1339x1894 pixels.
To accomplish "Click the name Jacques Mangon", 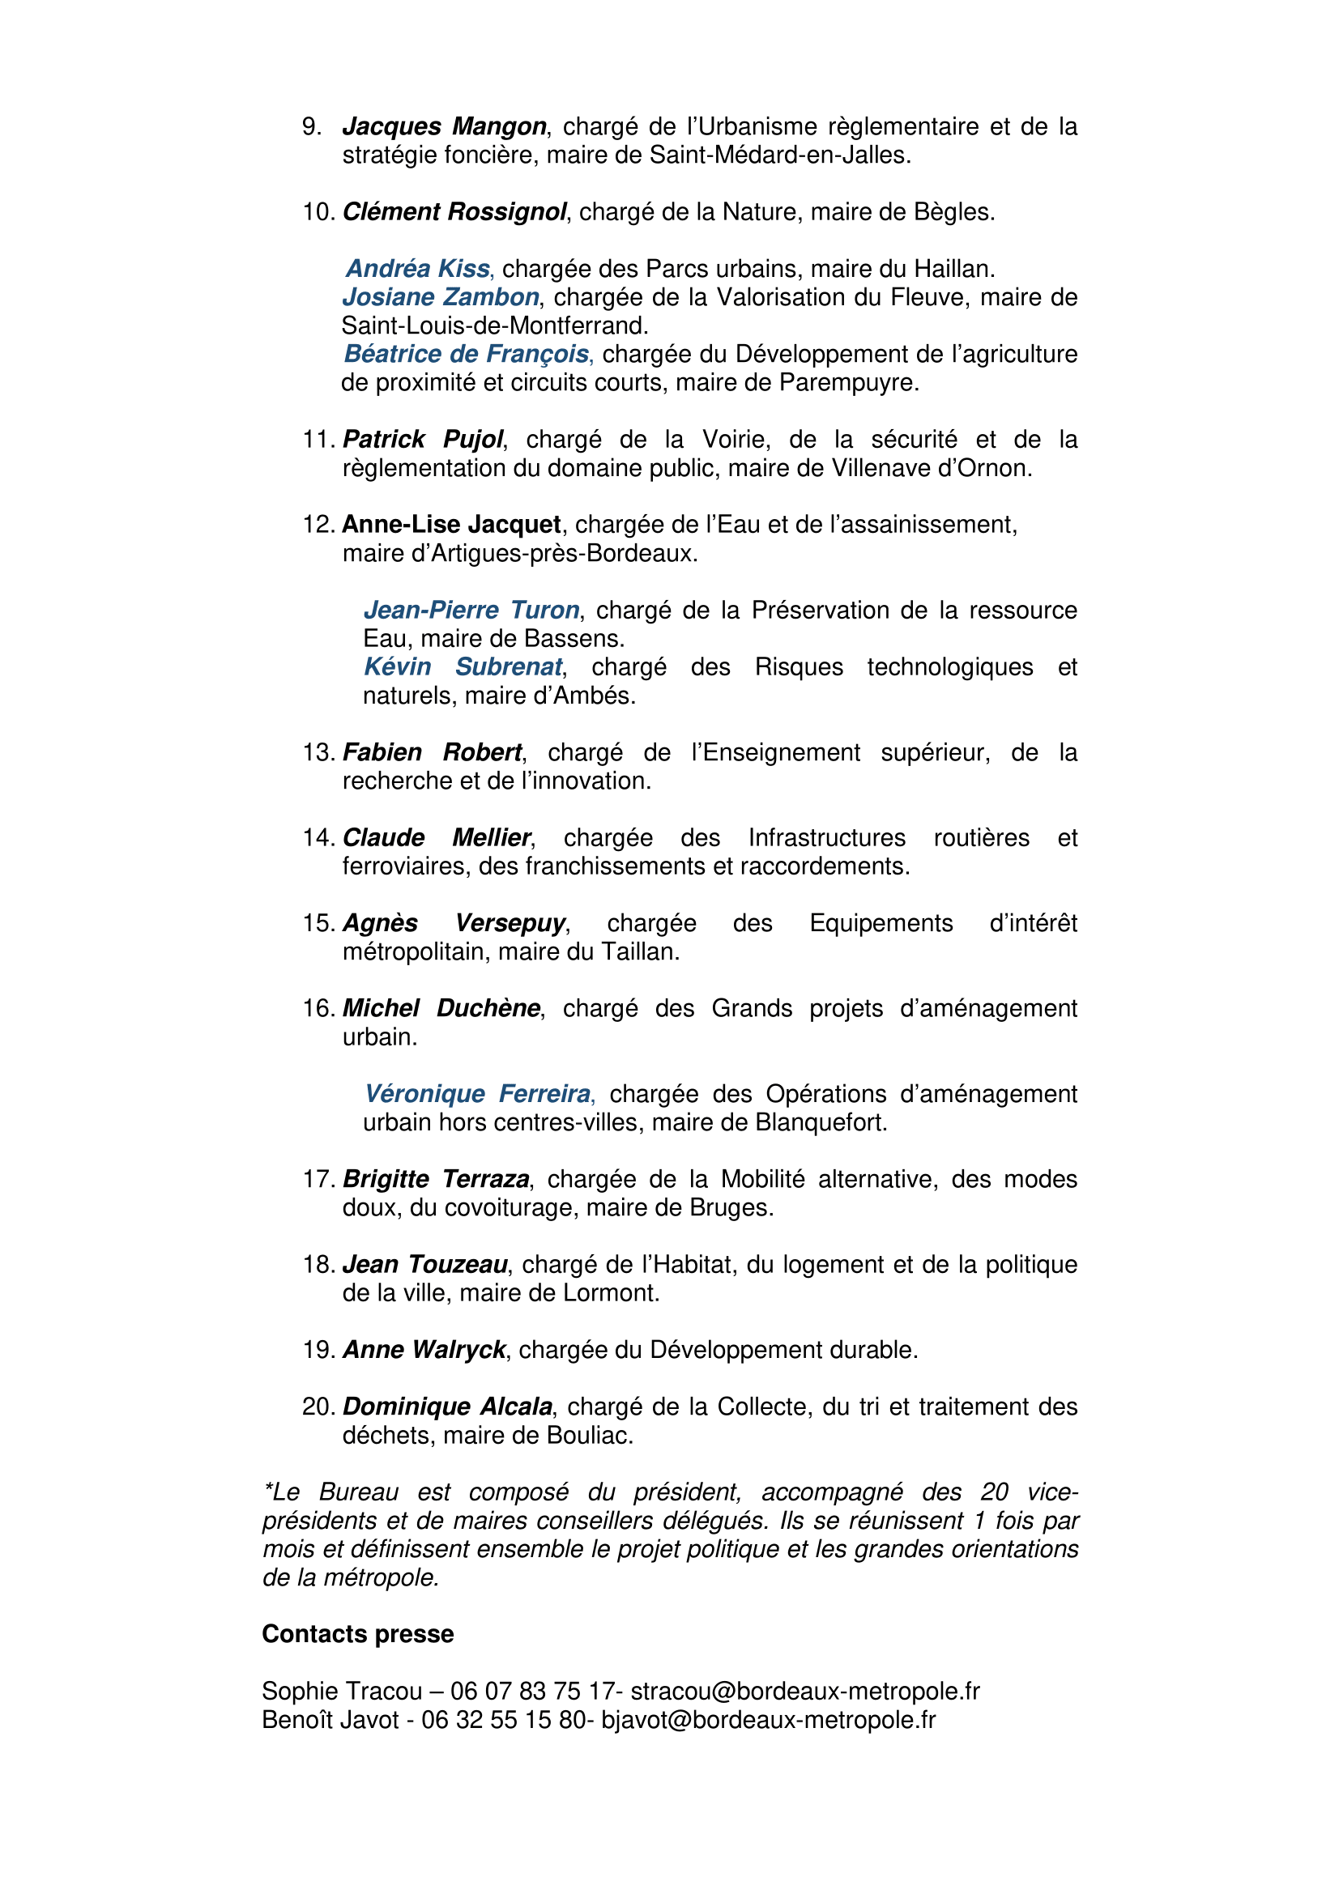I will click(x=444, y=126).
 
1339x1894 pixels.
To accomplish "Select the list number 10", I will click(x=318, y=212).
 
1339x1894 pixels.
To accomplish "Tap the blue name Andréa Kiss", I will click(x=418, y=269).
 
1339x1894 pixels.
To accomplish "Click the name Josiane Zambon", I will click(x=441, y=297).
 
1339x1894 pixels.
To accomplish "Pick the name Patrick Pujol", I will click(x=422, y=440).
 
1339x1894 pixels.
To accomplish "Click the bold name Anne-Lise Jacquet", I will click(x=451, y=525).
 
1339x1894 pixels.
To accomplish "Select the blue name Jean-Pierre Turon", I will click(x=472, y=611).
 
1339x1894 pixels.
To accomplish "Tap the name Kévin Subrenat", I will click(x=463, y=667).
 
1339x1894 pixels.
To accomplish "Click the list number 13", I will click(x=318, y=752).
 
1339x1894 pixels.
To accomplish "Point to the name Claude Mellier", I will click(x=437, y=838).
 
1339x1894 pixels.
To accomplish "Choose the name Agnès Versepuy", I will click(x=454, y=923).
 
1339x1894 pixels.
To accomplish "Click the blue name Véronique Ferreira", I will click(x=478, y=1094).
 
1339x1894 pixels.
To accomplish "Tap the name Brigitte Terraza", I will click(x=436, y=1180).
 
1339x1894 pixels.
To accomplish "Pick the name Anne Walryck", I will click(x=424, y=1351).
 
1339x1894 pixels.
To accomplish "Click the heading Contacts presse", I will click(x=358, y=1634).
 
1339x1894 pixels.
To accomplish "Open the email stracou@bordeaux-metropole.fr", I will click(x=804, y=1692).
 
